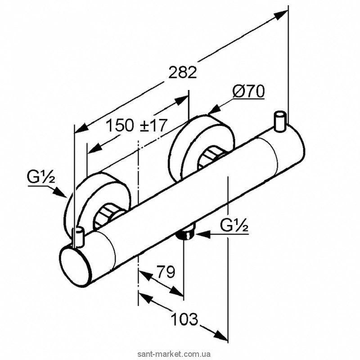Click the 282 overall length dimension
pos(183,72)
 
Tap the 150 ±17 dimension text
pos(137,125)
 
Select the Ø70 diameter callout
pos(248,91)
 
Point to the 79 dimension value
pos(166,272)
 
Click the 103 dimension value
pos(184,319)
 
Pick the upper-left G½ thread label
pos(41,176)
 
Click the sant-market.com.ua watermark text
pos(174,354)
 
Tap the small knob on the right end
pos(280,121)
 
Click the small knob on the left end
pos(78,237)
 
